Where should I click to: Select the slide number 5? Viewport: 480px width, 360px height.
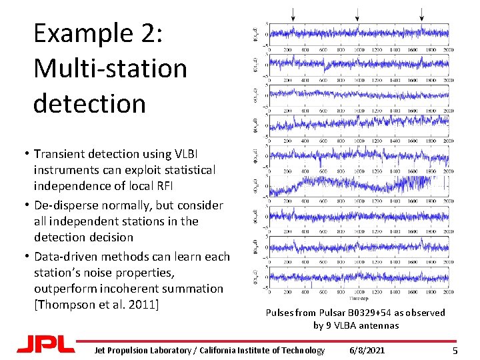coord(455,351)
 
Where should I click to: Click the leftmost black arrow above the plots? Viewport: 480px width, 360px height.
coord(292,13)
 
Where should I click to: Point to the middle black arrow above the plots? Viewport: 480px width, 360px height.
coord(357,13)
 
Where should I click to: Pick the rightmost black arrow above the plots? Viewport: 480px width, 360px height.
coord(421,13)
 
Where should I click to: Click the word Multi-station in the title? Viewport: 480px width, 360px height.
coord(110,68)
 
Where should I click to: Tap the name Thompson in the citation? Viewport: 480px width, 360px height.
coord(67,305)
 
